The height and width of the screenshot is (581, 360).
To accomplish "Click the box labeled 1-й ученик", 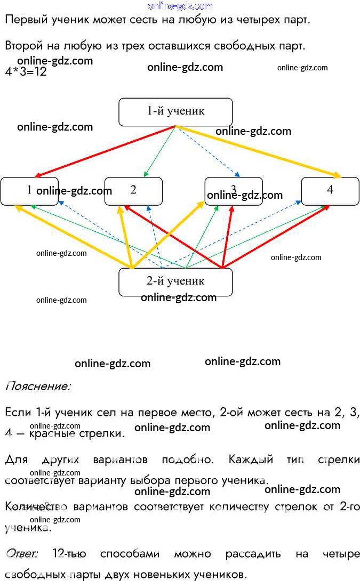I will pos(175,112).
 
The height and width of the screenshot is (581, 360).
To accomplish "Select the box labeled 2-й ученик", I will pos(175,281).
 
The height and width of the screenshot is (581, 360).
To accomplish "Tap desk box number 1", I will pos(16,190).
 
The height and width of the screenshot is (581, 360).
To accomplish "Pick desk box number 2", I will pos(133,190).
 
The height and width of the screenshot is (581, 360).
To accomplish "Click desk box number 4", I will pos(330,190).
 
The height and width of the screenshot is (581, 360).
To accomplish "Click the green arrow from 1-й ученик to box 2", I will pos(161,152).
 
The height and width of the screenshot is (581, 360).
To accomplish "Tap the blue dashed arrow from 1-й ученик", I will pos(208,152).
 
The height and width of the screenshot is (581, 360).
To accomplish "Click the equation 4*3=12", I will pos(26,72).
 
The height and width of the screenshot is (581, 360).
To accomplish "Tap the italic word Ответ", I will pos(22,554).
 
